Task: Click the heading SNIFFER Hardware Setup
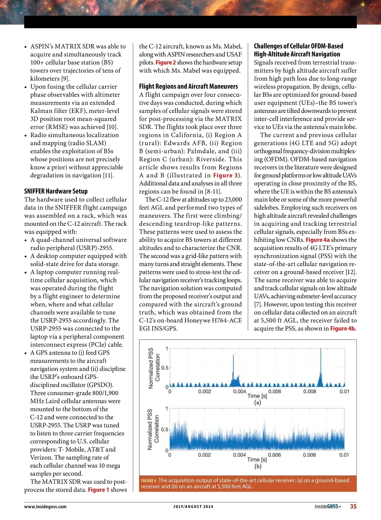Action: pyautogui.click(x=56, y=191)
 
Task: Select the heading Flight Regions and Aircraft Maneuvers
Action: pyautogui.click(x=188, y=86)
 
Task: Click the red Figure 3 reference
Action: pyautogui.click(x=225, y=175)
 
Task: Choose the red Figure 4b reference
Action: pyautogui.click(x=343, y=329)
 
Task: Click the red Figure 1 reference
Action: pyautogui.click(x=98, y=490)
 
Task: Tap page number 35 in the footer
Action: pyautogui.click(x=353, y=506)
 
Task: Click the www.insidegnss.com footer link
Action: pyautogui.click(x=45, y=507)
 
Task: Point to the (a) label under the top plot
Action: pyautogui.click(x=257, y=403)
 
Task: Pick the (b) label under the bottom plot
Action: pyautogui.click(x=257, y=466)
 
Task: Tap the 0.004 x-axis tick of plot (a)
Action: pyautogui.click(x=239, y=391)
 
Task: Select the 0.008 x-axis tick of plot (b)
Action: pyautogui.click(x=309, y=455)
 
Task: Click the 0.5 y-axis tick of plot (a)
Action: pyautogui.click(x=165, y=368)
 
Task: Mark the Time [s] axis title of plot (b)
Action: pyautogui.click(x=257, y=459)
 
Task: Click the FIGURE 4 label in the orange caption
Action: pyautogui.click(x=149, y=481)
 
